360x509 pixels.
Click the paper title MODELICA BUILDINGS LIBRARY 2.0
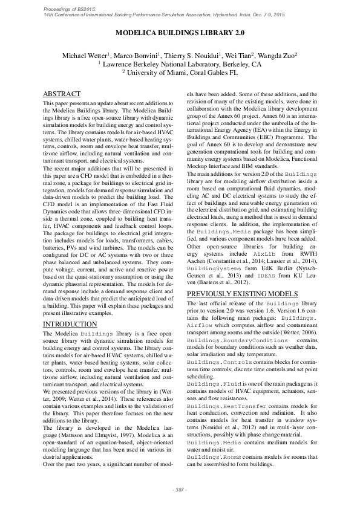(180, 35)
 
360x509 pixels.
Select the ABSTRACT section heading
(62, 95)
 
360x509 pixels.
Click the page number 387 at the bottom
(180, 488)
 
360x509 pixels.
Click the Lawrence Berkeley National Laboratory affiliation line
(180, 63)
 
